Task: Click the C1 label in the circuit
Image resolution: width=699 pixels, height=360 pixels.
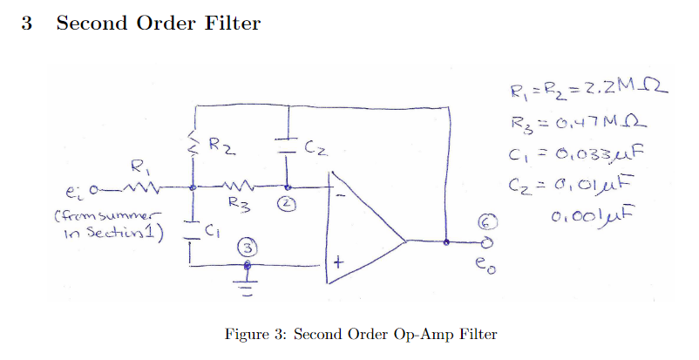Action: (x=215, y=231)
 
